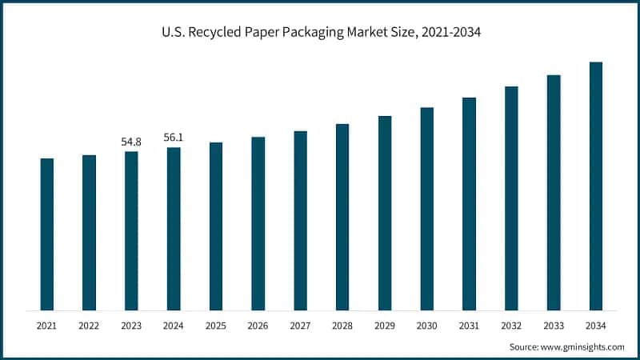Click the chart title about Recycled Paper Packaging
pos(320,34)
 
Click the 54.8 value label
pos(131,142)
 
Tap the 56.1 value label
pos(174,138)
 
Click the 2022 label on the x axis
pos(89,326)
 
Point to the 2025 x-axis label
pos(216,326)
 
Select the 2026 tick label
pos(258,326)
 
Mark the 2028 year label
pos(342,326)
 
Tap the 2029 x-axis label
pos(385,326)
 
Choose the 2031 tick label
pos(469,326)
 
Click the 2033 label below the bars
pos(554,326)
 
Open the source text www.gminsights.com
pos(582,346)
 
